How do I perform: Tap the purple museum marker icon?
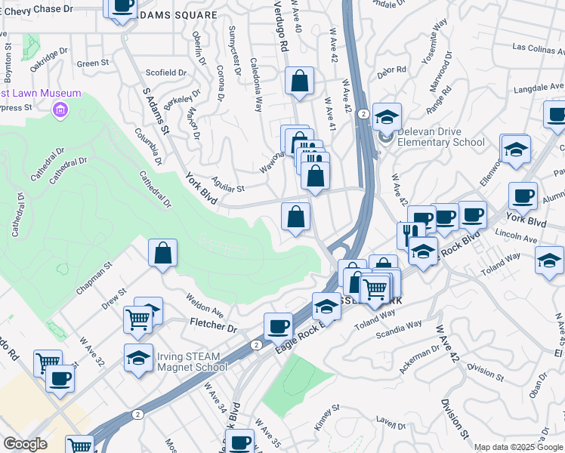pos(60,111)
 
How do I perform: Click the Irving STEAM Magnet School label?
pos(192,362)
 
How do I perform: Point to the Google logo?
pos(25,444)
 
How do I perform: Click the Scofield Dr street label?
pos(166,72)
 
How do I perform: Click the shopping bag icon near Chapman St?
pos(163,253)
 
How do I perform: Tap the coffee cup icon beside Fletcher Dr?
pos(278,326)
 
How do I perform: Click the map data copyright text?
pos(517,447)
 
